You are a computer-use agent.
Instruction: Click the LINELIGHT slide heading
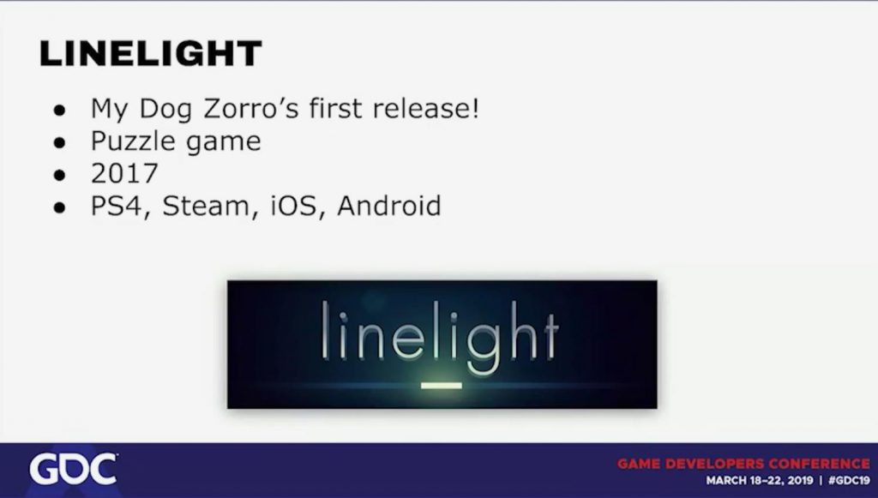point(150,54)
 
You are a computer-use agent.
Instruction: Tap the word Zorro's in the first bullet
point(251,108)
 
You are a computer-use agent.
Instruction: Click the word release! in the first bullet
point(426,108)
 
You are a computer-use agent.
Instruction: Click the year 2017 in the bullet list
point(124,173)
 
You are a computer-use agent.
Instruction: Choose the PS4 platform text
point(117,207)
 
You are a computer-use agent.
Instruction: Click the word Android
point(389,206)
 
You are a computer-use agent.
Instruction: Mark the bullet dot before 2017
point(60,176)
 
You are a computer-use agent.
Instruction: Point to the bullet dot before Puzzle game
point(60,142)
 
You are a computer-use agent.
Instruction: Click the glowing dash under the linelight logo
point(442,386)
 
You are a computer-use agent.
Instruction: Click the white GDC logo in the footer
point(74,470)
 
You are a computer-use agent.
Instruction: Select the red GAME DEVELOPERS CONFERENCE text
point(743,464)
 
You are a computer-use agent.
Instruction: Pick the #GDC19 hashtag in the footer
point(850,481)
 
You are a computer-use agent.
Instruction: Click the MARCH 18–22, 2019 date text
point(760,481)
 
